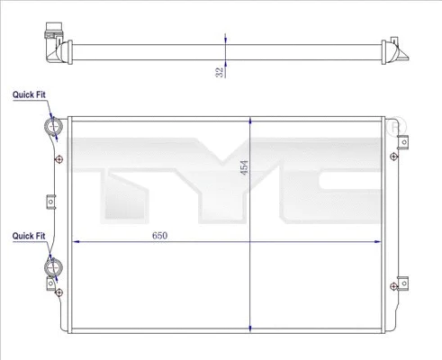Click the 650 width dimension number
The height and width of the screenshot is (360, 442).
158,235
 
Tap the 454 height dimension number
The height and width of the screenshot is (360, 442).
242,169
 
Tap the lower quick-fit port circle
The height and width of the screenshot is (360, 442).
53,267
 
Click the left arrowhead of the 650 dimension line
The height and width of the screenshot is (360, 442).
75,242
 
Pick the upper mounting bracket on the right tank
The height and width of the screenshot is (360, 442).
404,141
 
